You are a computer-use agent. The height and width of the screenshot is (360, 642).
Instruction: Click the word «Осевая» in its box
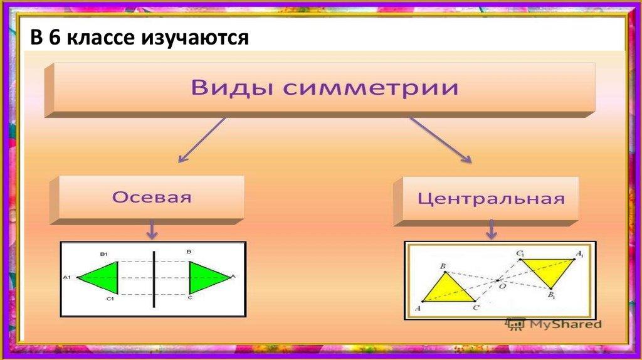(x=152, y=197)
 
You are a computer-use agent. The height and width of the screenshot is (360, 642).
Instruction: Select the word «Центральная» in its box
(x=491, y=200)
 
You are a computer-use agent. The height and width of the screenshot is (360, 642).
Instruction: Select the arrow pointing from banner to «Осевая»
(x=203, y=141)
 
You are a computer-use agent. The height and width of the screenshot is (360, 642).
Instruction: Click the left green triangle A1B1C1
(x=103, y=277)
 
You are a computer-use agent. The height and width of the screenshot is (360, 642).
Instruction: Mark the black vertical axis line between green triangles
(x=154, y=278)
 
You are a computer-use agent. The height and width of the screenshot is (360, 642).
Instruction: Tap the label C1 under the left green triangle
(x=109, y=300)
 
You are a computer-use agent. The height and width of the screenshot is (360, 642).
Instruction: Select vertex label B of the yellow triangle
(x=443, y=267)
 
